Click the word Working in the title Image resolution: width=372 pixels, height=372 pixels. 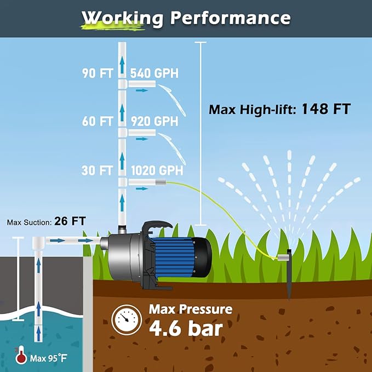coord(122,19)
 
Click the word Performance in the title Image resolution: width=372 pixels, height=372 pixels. coord(230,18)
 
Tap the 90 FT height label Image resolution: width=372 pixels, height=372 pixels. coord(98,73)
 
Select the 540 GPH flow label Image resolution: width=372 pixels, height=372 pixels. coord(154,73)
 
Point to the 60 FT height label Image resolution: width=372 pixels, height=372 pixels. coord(98,122)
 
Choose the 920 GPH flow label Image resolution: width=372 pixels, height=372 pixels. coord(154,122)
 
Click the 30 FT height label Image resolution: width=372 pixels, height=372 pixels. coord(97,170)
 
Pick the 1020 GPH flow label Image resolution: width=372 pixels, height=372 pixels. coord(157,170)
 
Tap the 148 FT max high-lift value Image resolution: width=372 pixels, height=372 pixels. coord(326,108)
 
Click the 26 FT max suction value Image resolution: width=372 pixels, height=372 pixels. coord(70,221)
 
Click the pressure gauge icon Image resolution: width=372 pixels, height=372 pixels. coord(127,319)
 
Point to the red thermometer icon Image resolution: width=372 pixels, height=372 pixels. coord(21,355)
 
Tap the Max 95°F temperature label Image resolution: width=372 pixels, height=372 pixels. coord(49,358)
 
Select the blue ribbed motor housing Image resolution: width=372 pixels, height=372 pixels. coord(173,257)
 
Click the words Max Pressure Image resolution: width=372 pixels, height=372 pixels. coord(191,310)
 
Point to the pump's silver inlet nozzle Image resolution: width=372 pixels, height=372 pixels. coord(104,243)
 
